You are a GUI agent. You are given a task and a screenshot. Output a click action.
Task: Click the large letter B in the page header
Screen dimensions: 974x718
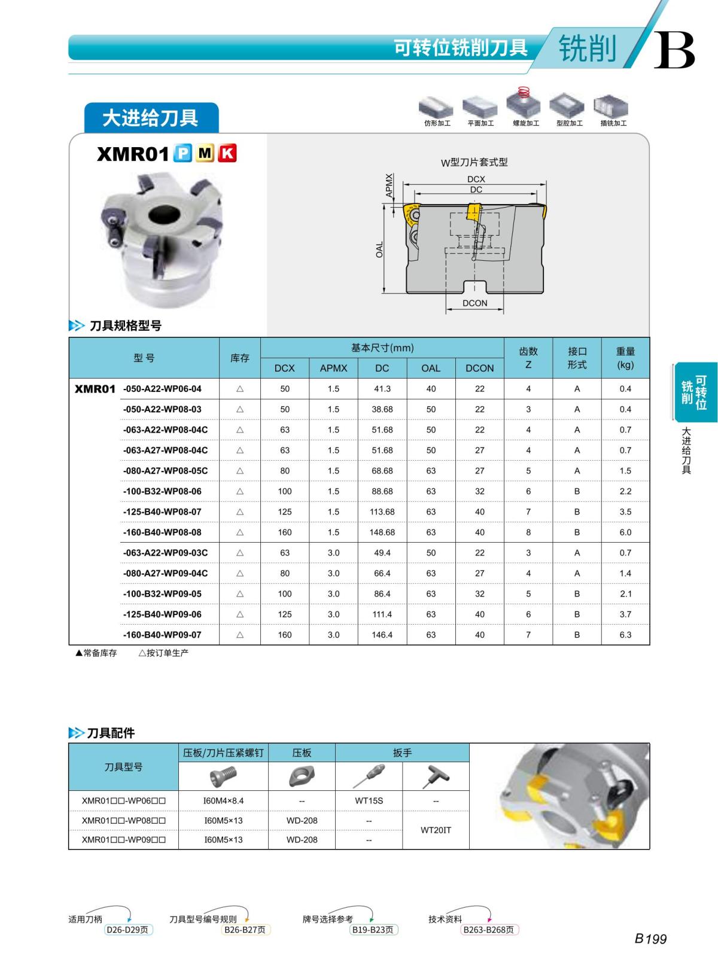[674, 50]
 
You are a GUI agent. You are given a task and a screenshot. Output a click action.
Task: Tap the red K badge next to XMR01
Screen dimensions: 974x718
[227, 154]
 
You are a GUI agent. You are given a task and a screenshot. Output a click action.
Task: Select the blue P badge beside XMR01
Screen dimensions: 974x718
[182, 154]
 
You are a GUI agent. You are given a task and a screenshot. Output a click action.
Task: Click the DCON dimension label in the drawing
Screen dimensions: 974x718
[474, 303]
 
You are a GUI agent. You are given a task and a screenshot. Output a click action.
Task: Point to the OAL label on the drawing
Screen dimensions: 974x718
[379, 250]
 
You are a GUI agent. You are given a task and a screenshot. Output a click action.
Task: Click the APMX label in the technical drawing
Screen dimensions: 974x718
[390, 185]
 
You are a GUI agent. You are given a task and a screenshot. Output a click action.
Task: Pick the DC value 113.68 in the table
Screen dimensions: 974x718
[382, 512]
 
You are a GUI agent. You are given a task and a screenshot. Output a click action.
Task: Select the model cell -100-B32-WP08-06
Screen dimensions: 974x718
[162, 492]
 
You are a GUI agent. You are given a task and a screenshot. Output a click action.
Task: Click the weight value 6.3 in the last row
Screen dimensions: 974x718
[625, 635]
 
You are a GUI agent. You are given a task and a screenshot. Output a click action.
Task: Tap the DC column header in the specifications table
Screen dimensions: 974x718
[382, 369]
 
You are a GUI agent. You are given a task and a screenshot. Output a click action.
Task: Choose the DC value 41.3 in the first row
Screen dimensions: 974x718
[382, 389]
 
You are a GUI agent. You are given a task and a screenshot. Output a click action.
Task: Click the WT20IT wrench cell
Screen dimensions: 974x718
[436, 830]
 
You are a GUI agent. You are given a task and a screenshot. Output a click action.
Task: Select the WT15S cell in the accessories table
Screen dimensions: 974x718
[369, 800]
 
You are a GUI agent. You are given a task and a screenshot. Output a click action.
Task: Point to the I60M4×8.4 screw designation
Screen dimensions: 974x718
[224, 800]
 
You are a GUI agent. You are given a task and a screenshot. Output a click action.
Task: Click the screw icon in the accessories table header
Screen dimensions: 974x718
[223, 777]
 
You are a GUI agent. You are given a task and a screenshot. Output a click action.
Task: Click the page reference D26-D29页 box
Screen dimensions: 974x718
[127, 930]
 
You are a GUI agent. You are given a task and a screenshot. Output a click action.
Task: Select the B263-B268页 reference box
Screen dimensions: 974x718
[489, 930]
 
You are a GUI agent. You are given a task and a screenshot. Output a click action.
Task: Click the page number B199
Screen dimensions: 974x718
[650, 939]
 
